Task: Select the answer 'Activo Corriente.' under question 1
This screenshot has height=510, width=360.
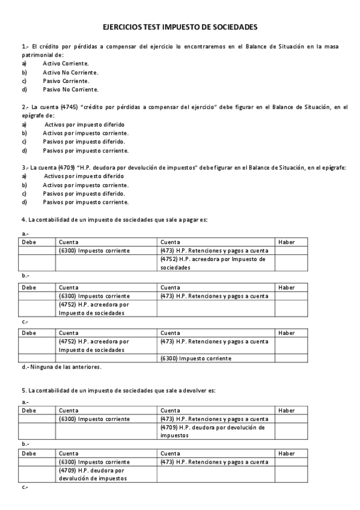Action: [x=66, y=63]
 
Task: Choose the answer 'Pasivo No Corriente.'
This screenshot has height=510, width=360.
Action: [x=70, y=90]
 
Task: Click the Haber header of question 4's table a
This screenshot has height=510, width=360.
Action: [x=287, y=242]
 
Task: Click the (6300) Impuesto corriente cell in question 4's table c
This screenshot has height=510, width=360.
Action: [x=196, y=358]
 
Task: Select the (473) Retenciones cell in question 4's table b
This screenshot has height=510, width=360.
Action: [x=214, y=296]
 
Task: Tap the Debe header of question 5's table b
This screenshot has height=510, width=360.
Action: [x=29, y=453]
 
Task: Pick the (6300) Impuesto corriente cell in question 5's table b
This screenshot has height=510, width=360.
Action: [x=94, y=462]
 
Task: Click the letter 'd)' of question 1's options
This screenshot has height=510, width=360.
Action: [x=25, y=90]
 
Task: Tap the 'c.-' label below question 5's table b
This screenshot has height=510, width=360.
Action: [x=25, y=487]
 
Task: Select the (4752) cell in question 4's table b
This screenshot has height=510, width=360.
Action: [x=94, y=309]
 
